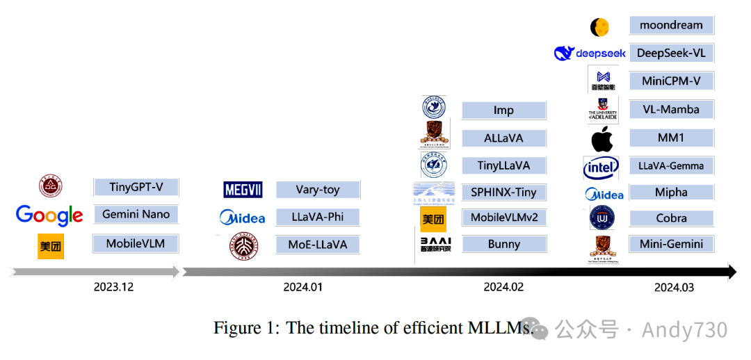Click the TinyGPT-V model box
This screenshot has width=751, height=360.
(136, 187)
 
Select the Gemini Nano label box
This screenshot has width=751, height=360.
(136, 214)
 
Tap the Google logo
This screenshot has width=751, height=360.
(49, 215)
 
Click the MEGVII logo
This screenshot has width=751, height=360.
(243, 189)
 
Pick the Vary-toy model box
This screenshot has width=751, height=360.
(318, 189)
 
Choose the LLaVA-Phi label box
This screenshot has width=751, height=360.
(318, 217)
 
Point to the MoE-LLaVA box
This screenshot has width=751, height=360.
(318, 245)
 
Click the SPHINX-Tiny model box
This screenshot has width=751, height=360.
(504, 193)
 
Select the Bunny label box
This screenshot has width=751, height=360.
(504, 244)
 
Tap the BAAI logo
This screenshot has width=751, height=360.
(436, 244)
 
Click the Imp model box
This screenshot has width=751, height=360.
(504, 111)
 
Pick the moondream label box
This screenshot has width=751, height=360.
(671, 25)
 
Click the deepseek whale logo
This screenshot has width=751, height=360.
(564, 53)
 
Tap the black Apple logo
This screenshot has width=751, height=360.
(602, 139)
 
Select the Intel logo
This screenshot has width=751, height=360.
(601, 167)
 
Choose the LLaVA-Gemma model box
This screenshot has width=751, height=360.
(671, 165)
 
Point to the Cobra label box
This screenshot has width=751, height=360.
(671, 218)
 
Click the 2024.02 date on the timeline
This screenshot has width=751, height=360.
(503, 286)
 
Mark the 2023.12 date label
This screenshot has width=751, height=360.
(114, 286)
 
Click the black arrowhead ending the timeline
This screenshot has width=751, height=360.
(732, 272)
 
